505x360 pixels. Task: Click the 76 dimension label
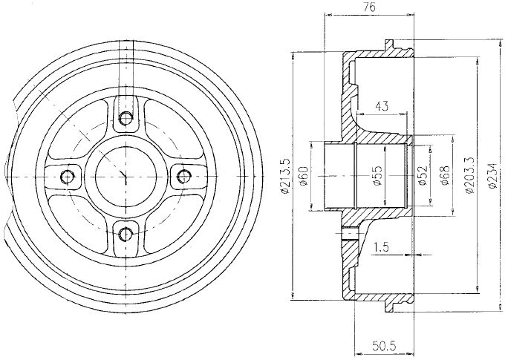[x=371, y=7]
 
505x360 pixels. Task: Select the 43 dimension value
[x=382, y=106]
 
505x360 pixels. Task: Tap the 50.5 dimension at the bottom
[x=384, y=347]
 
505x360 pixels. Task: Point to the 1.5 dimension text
[x=381, y=247]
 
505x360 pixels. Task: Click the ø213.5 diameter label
[x=285, y=176]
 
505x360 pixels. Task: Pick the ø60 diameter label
[x=304, y=176]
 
